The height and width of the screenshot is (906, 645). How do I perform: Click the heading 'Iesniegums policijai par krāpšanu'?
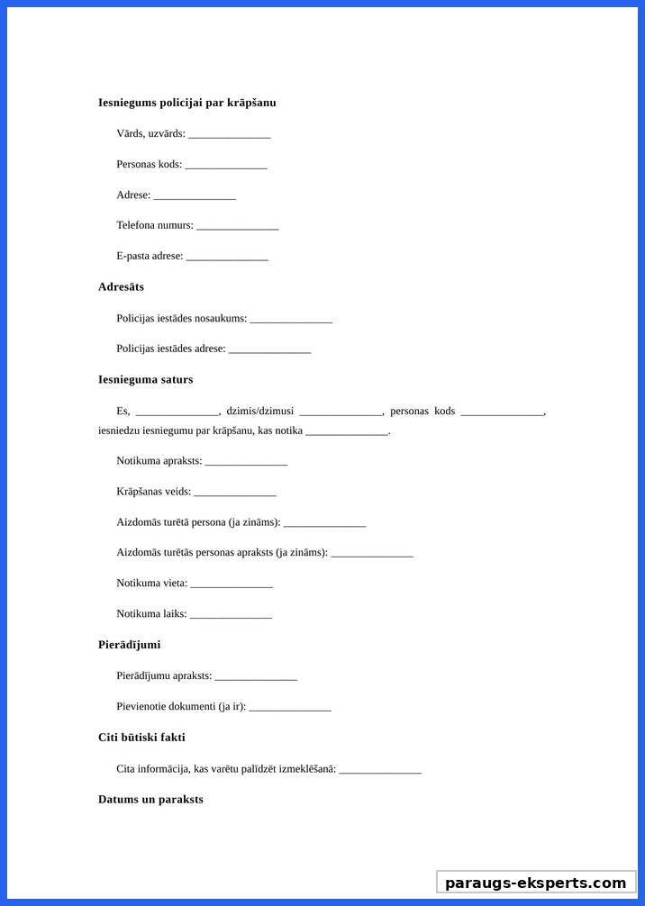186,103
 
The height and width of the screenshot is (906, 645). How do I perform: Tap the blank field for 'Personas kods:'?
226,166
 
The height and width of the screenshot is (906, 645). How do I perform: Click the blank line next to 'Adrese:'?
194,196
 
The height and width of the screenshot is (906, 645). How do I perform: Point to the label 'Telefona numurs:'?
155,225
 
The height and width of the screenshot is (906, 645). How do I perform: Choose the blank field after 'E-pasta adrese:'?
227,258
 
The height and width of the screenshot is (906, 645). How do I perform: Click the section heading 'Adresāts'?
121,287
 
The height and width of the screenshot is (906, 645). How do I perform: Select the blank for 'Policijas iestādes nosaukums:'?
291,320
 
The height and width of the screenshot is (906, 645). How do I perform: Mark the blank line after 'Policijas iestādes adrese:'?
269,350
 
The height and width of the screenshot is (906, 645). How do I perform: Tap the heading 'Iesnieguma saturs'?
145,380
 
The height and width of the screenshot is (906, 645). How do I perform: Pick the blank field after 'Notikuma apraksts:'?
246,462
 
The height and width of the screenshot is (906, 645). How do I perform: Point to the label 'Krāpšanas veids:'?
153,492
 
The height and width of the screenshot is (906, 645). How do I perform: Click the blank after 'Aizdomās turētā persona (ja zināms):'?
324,524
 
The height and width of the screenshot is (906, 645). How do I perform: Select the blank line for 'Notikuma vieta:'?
231,584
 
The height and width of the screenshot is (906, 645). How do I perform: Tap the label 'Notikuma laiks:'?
151,614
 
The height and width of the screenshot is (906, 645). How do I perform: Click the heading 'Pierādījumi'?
129,645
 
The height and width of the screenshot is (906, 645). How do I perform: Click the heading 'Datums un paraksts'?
150,800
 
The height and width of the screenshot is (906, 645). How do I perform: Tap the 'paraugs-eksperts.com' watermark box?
535,883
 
